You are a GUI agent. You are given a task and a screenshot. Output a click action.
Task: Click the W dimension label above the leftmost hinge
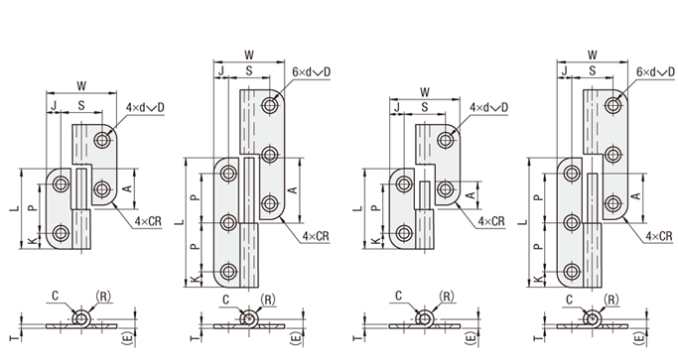coord(81,86)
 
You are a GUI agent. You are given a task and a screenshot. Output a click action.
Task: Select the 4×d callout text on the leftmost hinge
coord(135,108)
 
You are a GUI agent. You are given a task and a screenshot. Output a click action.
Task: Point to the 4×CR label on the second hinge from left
coord(316,236)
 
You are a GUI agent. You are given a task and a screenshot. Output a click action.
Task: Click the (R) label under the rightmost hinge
coord(610,300)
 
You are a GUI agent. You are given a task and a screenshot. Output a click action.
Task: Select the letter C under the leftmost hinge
coord(55,297)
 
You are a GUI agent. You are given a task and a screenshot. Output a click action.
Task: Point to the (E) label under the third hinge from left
coord(472,337)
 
